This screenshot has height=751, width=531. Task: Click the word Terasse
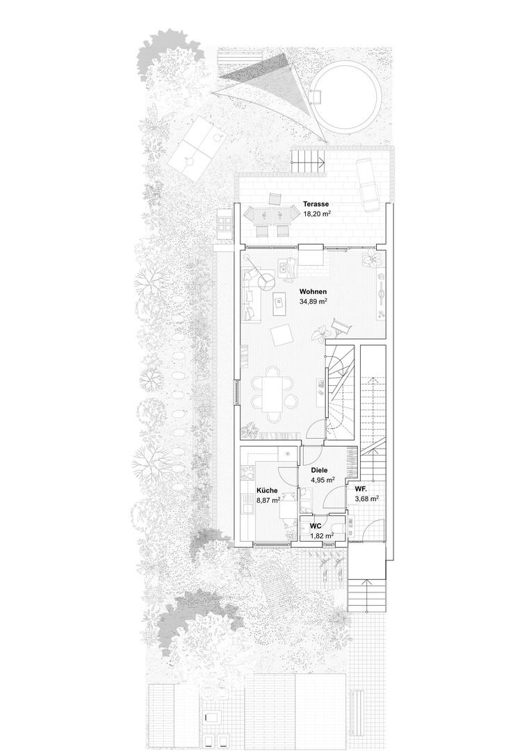316,204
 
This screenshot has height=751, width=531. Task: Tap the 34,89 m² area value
313,301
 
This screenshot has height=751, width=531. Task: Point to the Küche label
267,491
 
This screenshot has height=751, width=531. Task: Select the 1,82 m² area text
322,536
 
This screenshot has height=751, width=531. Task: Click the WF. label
361,490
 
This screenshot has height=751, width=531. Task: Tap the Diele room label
319,470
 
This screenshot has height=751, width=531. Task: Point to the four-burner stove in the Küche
249,474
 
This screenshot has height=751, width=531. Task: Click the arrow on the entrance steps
366,594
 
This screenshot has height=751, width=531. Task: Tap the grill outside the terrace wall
224,224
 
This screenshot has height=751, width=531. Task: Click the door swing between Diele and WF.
335,498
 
